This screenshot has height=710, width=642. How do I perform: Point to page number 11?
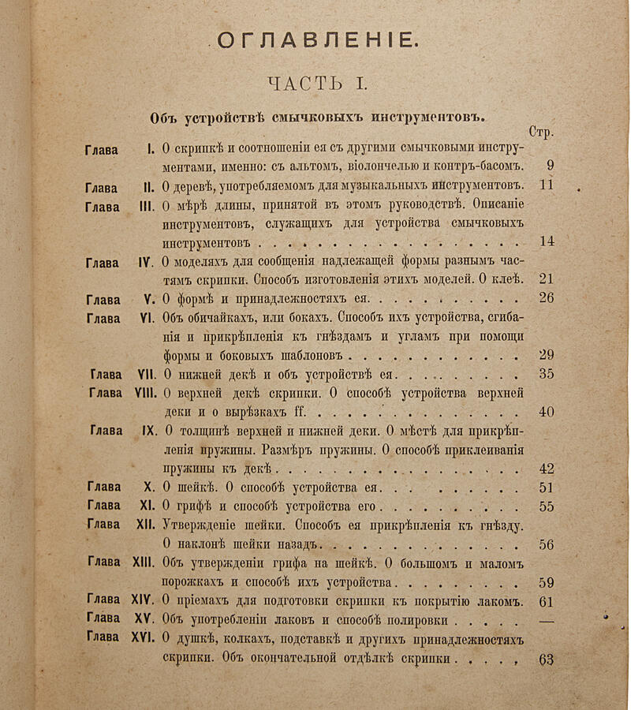click(547, 186)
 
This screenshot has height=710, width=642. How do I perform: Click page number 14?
click(547, 241)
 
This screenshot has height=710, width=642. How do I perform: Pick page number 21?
click(546, 278)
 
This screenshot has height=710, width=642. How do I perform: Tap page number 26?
click(546, 297)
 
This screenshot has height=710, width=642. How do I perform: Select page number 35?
click(546, 374)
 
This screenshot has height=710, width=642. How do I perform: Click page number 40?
click(546, 411)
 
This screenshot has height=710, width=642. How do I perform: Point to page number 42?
click(546, 468)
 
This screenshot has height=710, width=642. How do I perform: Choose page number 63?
click(546, 660)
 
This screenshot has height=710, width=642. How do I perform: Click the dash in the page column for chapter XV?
click(546, 619)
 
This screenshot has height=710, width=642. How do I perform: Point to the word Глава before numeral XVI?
click(103, 637)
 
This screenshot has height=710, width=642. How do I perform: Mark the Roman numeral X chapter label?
click(148, 488)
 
